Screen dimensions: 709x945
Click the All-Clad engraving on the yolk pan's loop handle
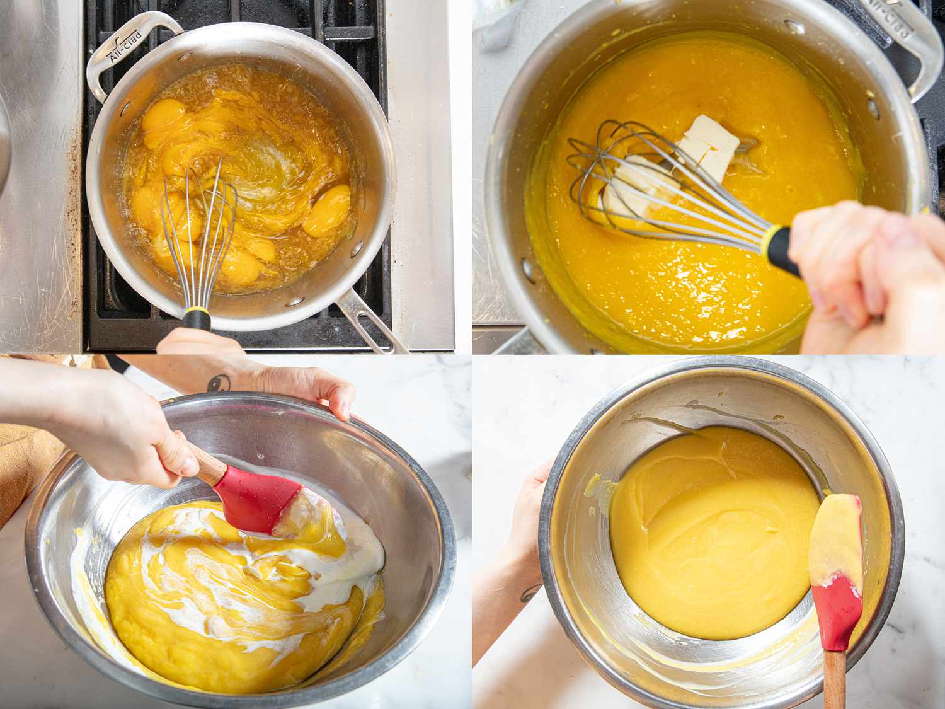tap(125, 45)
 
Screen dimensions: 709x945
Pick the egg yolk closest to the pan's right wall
tap(327, 209)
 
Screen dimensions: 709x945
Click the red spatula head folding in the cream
tap(255, 498)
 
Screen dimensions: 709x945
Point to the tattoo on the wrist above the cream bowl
tap(219, 382)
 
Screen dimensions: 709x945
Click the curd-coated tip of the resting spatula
tap(835, 536)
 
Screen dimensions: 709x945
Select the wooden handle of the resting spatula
tap(834, 681)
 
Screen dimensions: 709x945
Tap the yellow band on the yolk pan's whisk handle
tap(197, 311)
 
